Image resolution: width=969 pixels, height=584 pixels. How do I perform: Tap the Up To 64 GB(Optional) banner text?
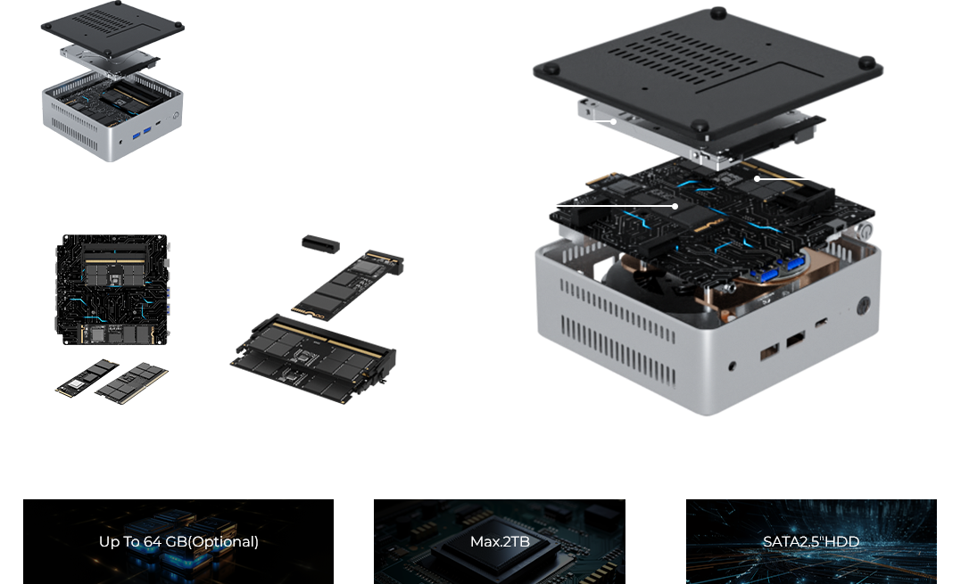[178, 541]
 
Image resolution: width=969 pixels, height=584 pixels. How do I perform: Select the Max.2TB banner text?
[499, 541]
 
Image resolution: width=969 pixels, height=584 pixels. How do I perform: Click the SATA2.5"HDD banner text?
[811, 541]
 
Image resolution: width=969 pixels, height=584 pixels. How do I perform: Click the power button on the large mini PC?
[862, 305]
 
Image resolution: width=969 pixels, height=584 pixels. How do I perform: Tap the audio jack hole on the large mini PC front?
[733, 365]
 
